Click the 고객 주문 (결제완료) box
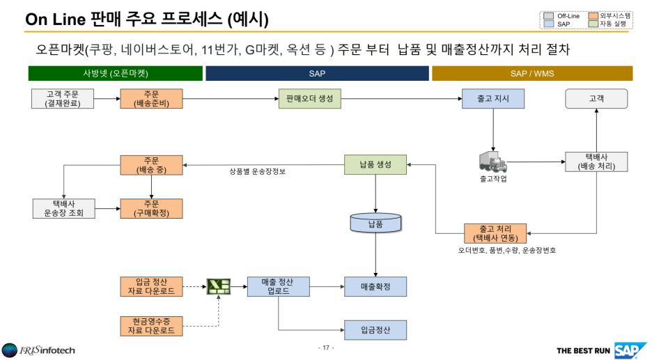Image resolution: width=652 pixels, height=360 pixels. [x=63, y=99]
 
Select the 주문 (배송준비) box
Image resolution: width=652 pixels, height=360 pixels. [x=151, y=99]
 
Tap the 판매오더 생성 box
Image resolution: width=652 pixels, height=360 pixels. [x=309, y=99]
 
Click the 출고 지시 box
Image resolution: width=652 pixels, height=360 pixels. [x=493, y=99]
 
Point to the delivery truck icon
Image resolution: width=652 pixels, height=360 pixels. [x=492, y=162]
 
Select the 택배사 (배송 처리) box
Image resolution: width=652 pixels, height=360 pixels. [x=596, y=162]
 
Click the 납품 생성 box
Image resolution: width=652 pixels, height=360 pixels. [x=375, y=165]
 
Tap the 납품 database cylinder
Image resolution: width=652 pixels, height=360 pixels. [x=375, y=222]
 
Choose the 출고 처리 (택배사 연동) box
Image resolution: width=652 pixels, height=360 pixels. [x=495, y=233]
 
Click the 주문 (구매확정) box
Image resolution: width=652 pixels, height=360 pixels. [x=151, y=208]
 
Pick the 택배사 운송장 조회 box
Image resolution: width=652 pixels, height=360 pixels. [x=63, y=208]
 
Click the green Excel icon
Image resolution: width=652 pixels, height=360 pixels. [x=219, y=286]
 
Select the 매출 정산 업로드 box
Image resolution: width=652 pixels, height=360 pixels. [x=278, y=286]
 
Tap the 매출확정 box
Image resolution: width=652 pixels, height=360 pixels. [x=375, y=286]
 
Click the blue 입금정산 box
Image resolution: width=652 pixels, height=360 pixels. [x=375, y=330]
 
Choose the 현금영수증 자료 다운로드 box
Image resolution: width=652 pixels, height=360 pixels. [x=151, y=326]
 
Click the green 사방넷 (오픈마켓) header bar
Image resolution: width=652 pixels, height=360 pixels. [x=116, y=73]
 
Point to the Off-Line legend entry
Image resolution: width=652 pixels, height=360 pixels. [x=562, y=15]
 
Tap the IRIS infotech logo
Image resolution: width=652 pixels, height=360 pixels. [x=38, y=350]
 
